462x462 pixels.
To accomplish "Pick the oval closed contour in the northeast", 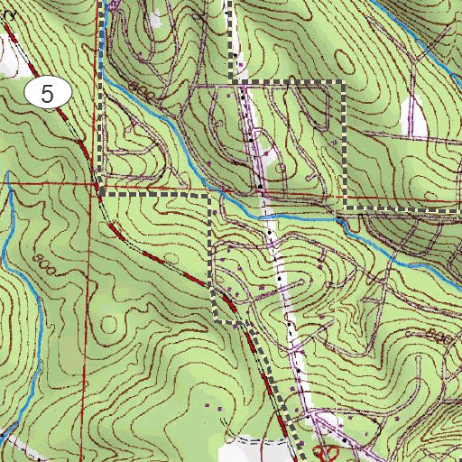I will click(315, 108).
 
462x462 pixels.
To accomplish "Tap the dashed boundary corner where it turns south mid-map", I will click(212, 193).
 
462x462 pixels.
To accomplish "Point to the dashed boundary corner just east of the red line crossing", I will click(102, 192).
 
